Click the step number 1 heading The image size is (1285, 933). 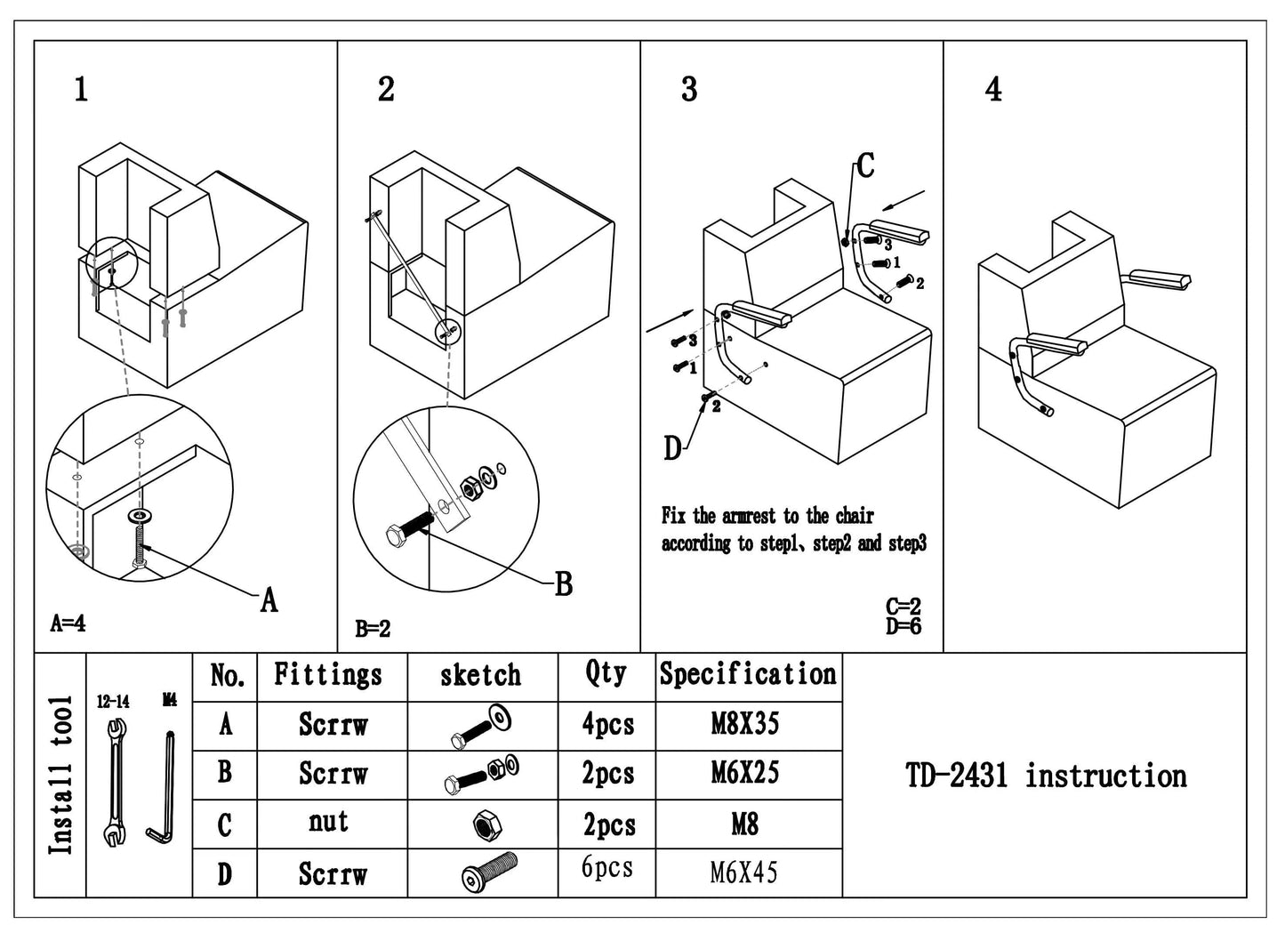81,90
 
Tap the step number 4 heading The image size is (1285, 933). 993,90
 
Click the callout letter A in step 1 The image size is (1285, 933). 269,600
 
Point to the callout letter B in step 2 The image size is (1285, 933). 563,585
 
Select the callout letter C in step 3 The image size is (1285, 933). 864,166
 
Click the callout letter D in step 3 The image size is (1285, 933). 672,449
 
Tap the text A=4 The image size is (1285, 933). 68,623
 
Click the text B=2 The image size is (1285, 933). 373,630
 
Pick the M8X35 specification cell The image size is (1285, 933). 745,725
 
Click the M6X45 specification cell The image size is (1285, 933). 744,873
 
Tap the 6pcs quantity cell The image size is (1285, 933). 607,867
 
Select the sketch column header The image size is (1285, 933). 481,676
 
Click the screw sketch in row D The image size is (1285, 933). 489,872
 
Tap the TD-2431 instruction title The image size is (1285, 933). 1046,776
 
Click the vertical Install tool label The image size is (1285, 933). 60,776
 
